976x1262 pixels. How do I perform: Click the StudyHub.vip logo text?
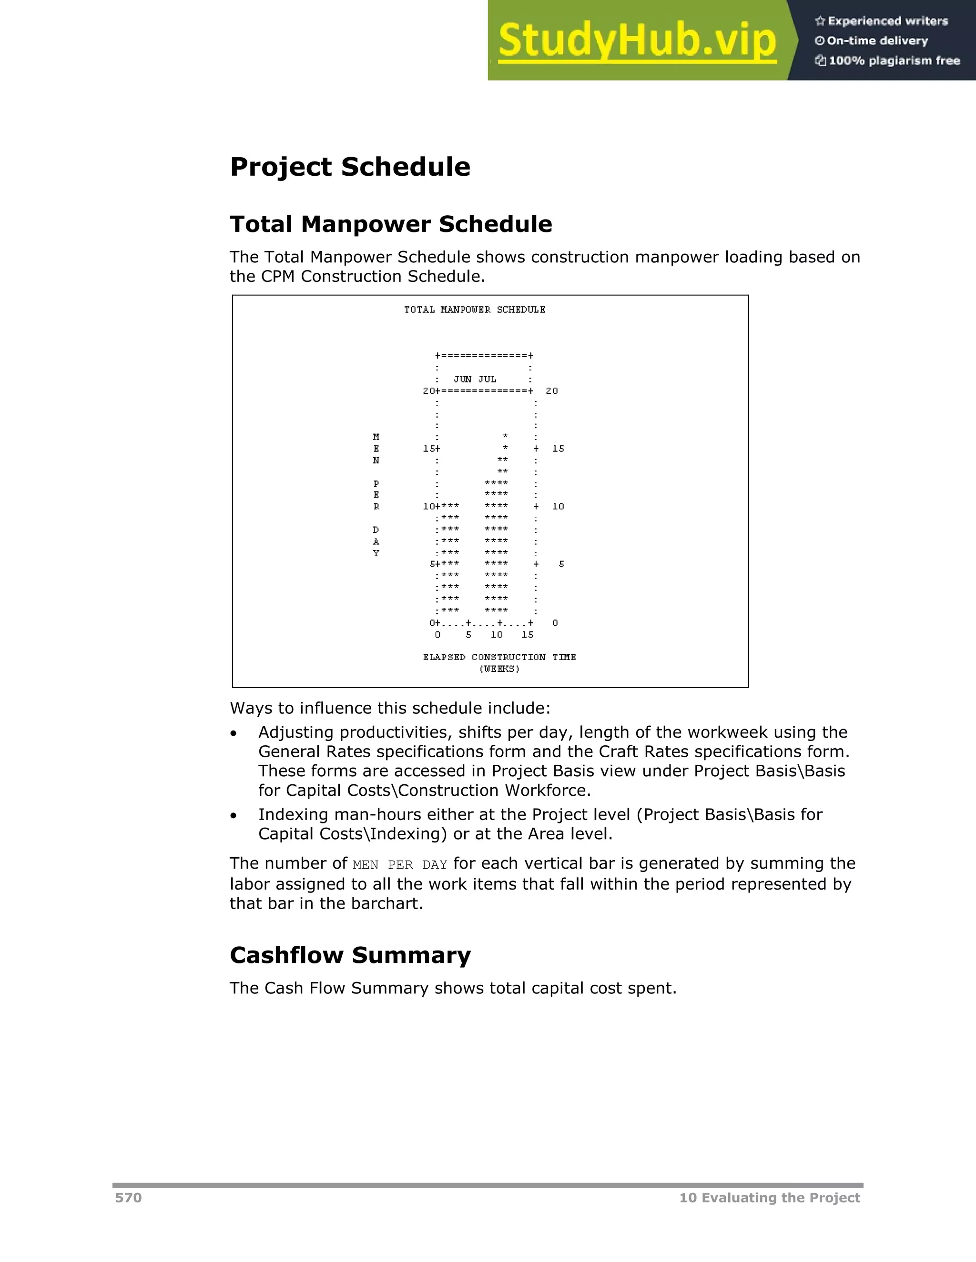point(637,40)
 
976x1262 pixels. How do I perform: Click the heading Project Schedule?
point(350,167)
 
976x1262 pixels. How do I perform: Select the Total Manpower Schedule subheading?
point(391,224)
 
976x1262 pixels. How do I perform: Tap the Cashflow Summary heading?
point(350,955)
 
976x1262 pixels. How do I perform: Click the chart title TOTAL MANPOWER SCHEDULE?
point(474,310)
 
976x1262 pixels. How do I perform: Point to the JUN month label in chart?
point(463,379)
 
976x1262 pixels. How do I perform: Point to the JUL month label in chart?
point(487,379)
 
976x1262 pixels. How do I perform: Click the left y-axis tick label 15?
point(429,449)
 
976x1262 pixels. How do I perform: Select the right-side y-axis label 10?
point(558,506)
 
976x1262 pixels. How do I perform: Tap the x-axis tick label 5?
point(468,634)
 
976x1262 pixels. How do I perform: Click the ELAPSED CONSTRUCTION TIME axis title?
point(499,657)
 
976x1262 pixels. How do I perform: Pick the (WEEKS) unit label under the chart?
point(499,669)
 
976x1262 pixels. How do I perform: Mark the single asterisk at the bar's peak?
point(505,436)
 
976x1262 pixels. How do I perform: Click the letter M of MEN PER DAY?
point(376,437)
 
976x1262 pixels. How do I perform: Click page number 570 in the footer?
point(128,1197)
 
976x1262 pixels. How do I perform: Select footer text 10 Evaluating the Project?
point(769,1197)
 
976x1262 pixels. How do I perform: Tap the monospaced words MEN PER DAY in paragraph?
point(399,865)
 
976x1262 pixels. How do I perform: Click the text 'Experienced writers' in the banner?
point(887,21)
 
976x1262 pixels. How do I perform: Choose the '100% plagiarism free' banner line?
point(894,60)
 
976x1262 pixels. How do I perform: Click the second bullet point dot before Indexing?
point(233,816)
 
